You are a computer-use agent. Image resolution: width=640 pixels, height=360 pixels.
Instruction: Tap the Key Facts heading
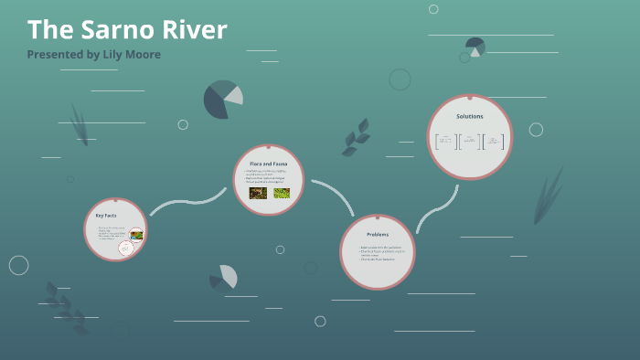pyautogui.click(x=106, y=215)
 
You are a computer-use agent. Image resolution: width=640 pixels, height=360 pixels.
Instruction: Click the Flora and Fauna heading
pyautogui.click(x=268, y=163)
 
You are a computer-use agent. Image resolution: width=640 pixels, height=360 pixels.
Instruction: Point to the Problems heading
pyautogui.click(x=378, y=235)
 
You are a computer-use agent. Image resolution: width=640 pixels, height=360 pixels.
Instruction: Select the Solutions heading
pyautogui.click(x=469, y=116)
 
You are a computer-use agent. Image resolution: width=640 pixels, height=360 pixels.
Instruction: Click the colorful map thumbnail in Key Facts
pyautogui.click(x=135, y=235)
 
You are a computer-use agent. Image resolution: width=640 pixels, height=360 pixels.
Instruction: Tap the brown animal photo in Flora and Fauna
pyautogui.click(x=257, y=193)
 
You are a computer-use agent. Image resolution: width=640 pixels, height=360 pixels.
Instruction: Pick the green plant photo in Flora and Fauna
pyautogui.click(x=282, y=193)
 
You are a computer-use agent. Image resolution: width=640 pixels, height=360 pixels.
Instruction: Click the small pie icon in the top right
pyautogui.click(x=475, y=47)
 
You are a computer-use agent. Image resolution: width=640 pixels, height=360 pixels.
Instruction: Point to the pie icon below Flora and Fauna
pyautogui.click(x=224, y=278)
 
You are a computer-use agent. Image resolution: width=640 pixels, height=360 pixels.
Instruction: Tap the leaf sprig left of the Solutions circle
pyautogui.click(x=356, y=138)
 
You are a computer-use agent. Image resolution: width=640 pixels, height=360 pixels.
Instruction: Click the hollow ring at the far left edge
pyautogui.click(x=18, y=265)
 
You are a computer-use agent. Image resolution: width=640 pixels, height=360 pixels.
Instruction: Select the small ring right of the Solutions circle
pyautogui.click(x=536, y=130)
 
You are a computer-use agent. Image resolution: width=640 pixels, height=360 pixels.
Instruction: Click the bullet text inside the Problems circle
pyautogui.click(x=378, y=253)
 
